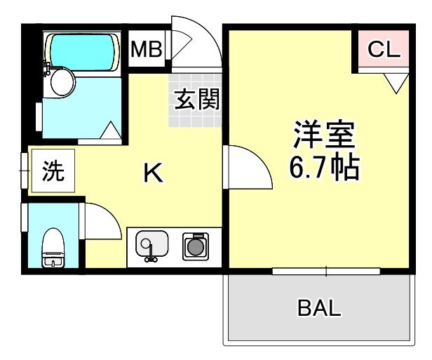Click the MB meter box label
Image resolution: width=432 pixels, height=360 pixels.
(x=147, y=49)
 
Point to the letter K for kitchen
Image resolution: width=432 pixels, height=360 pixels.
(x=154, y=173)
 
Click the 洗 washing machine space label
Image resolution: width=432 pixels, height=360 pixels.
(x=53, y=172)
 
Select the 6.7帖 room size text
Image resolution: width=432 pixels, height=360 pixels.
(x=325, y=168)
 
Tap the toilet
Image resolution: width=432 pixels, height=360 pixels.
(x=53, y=248)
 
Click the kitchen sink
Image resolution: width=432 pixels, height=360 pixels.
(x=149, y=247)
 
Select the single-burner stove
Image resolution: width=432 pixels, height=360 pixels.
(x=194, y=246)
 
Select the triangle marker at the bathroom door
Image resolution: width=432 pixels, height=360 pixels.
(x=110, y=130)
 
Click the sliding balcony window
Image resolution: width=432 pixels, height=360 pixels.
(x=326, y=270)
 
